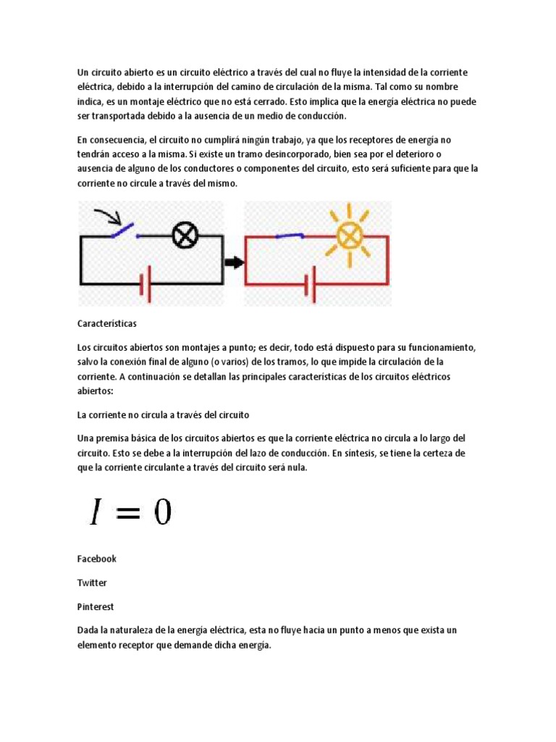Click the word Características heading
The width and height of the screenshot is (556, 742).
tap(106, 322)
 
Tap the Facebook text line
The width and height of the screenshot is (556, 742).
tap(96, 559)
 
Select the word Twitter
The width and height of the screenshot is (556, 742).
tap(92, 583)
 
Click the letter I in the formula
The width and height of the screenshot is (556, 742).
tap(95, 513)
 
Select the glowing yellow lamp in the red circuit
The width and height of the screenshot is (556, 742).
tap(350, 235)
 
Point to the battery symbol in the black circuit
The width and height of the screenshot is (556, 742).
tap(144, 283)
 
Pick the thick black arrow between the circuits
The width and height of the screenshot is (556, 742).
tap(234, 262)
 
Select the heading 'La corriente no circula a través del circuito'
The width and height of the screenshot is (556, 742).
tap(163, 415)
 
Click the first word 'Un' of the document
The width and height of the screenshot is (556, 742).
tap(83, 72)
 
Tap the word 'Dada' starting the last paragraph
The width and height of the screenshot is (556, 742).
tap(88, 630)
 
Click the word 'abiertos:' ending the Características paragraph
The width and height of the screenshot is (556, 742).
tap(96, 391)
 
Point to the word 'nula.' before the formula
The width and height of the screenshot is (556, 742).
tap(296, 467)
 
